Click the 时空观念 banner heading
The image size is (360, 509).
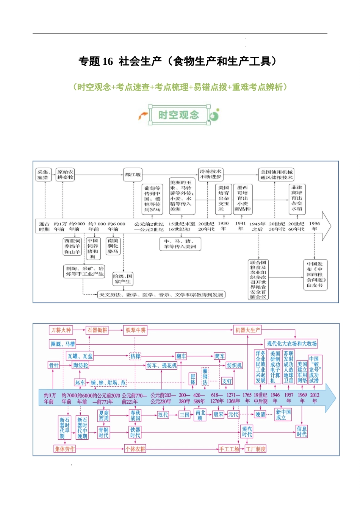pyautogui.click(x=178, y=115)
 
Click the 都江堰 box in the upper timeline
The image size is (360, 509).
pyautogui.click(x=133, y=175)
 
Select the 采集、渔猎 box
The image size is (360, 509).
pyautogui.click(x=44, y=175)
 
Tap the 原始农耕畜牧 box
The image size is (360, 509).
pyautogui.click(x=65, y=175)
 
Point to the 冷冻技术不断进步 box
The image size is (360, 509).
pyautogui.click(x=211, y=174)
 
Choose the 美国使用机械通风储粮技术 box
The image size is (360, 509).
pyautogui.click(x=277, y=175)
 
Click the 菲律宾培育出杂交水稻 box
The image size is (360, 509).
pyautogui.click(x=297, y=198)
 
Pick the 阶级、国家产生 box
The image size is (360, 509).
pyautogui.click(x=123, y=279)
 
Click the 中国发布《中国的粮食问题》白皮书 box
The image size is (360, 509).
pyautogui.click(x=315, y=275)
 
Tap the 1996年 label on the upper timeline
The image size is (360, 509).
pyautogui.click(x=315, y=226)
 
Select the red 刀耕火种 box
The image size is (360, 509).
pyautogui.click(x=61, y=330)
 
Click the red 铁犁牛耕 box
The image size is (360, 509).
pyautogui.click(x=136, y=330)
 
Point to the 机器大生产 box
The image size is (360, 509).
pyautogui.click(x=247, y=330)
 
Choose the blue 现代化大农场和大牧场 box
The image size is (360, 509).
pyautogui.click(x=291, y=344)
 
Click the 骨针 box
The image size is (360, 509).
pyautogui.click(x=54, y=365)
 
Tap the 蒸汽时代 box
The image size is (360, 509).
pyautogui.click(x=247, y=431)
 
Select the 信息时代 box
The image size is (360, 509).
pyautogui.click(x=302, y=431)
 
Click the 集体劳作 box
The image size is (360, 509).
pyautogui.click(x=65, y=449)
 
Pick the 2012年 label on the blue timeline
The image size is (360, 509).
pyautogui.click(x=315, y=398)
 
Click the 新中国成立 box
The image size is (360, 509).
pyautogui.click(x=283, y=415)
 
